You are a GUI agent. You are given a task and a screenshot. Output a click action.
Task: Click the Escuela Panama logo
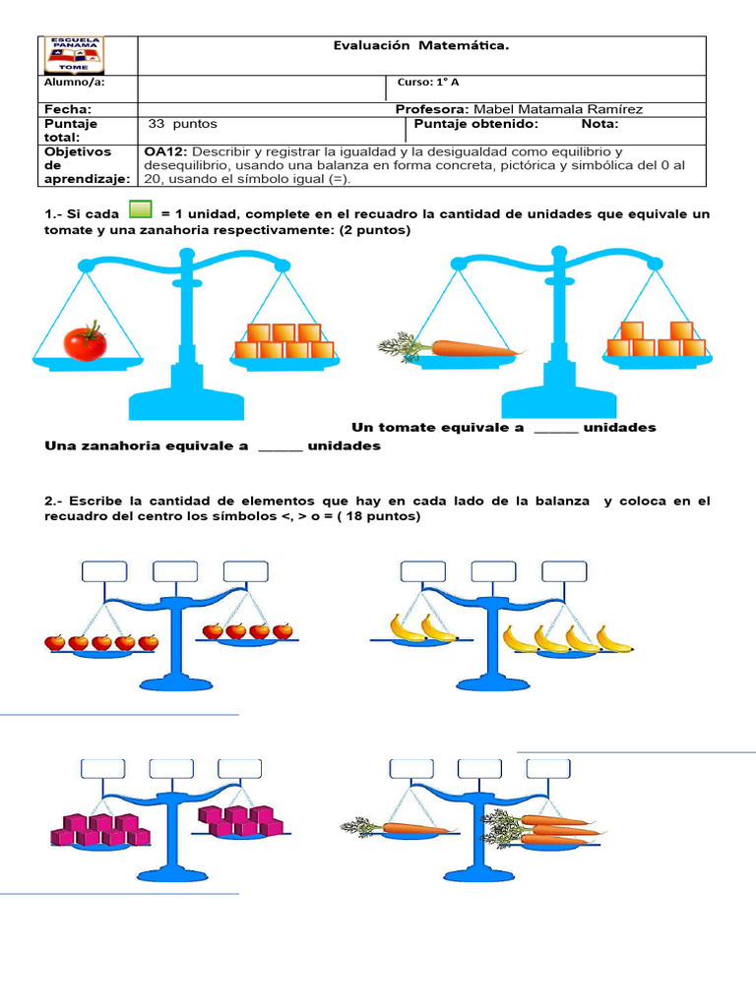[75, 56]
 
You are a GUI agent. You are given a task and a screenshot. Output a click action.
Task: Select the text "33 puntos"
[182, 125]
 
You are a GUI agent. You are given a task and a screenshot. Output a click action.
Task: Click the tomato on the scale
[85, 340]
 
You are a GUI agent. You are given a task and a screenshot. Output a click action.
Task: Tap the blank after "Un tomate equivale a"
[556, 428]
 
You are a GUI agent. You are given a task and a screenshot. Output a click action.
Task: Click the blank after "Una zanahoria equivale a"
[281, 446]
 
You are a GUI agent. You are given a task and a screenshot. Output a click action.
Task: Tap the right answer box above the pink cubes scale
[239, 769]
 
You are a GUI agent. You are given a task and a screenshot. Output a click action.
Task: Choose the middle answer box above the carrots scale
[480, 769]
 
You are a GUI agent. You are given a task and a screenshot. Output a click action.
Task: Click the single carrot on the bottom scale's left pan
[394, 827]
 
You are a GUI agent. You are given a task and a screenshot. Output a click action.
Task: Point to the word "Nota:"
[599, 125]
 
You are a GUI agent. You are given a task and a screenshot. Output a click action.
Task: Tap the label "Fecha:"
[68, 109]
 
